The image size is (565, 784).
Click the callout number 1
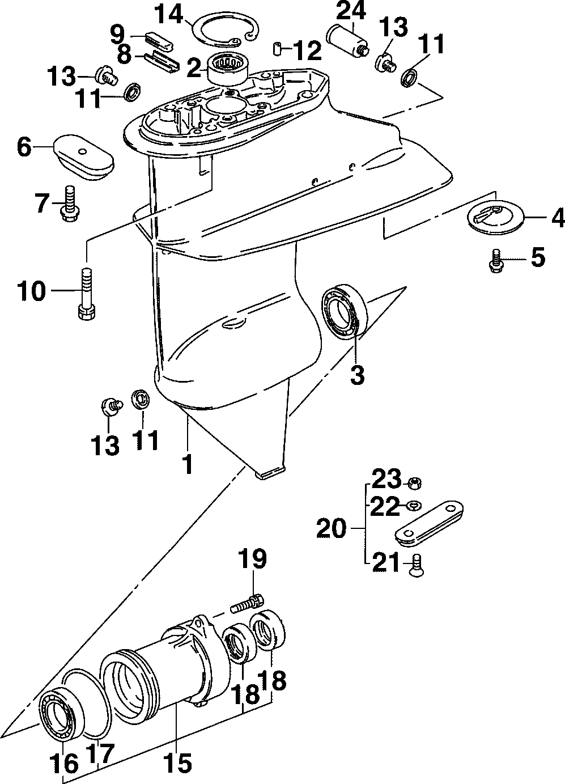186,462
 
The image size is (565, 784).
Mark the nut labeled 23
414,483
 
